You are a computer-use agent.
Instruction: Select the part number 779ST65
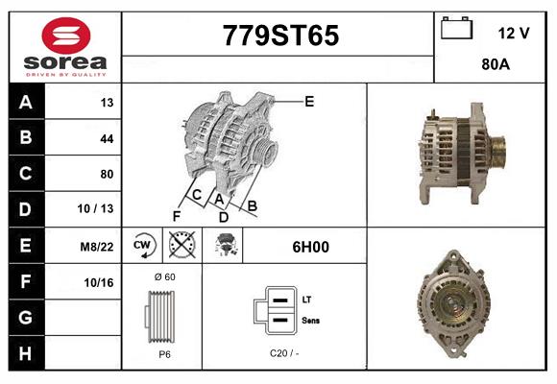tap(279, 36)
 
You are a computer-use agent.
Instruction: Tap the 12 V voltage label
tap(514, 33)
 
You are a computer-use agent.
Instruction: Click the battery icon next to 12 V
tap(456, 30)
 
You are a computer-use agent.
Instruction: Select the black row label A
tap(24, 103)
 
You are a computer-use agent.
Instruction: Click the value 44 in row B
tap(107, 138)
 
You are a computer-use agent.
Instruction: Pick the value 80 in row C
tap(107, 174)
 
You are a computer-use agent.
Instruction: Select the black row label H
tap(24, 352)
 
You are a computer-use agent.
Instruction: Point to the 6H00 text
tap(311, 247)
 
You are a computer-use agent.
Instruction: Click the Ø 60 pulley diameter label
tap(164, 276)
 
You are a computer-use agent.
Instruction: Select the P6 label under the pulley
tap(164, 354)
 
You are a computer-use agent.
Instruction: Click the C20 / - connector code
tap(285, 354)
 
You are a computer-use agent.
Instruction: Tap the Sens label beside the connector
tap(311, 320)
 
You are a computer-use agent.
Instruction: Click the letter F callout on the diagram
tap(176, 216)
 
